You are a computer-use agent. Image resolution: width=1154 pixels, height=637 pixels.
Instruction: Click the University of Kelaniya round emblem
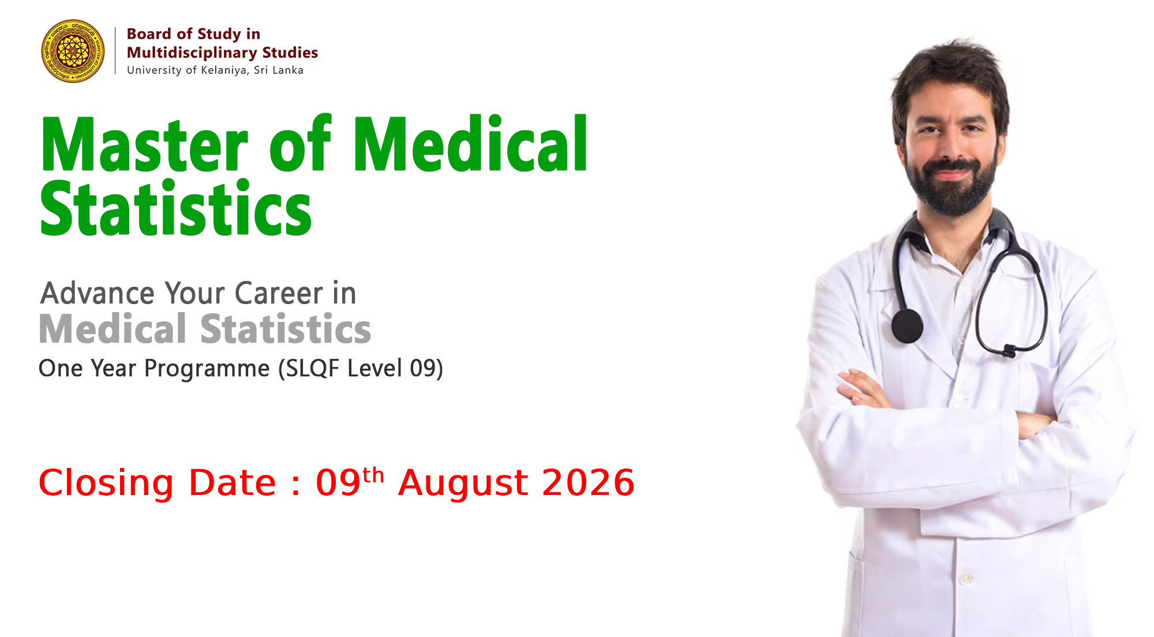pyautogui.click(x=73, y=51)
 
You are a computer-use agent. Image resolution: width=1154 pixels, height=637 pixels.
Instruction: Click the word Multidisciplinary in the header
pyautogui.click(x=192, y=53)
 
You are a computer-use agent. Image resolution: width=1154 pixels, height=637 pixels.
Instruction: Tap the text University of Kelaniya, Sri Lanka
pyautogui.click(x=215, y=70)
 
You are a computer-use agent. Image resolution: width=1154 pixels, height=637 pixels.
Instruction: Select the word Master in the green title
pyautogui.click(x=144, y=144)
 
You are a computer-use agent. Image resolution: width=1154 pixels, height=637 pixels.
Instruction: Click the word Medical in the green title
pyautogui.click(x=471, y=143)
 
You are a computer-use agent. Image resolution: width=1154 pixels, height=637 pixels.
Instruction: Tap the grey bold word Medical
pyautogui.click(x=113, y=329)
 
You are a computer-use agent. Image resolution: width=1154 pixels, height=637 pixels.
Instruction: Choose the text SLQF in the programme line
pyautogui.click(x=312, y=368)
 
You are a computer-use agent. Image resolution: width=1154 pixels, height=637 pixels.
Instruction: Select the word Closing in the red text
pyautogui.click(x=106, y=484)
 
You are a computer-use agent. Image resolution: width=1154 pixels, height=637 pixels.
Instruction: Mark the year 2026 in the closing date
pyautogui.click(x=589, y=482)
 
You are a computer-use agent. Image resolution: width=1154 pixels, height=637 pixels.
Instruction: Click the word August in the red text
pyautogui.click(x=463, y=484)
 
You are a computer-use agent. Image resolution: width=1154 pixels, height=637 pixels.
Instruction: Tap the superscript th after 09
pyautogui.click(x=373, y=475)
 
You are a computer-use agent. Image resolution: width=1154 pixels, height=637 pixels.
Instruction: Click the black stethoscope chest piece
pyautogui.click(x=907, y=326)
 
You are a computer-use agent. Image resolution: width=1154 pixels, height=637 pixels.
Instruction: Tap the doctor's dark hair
pyautogui.click(x=949, y=78)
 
